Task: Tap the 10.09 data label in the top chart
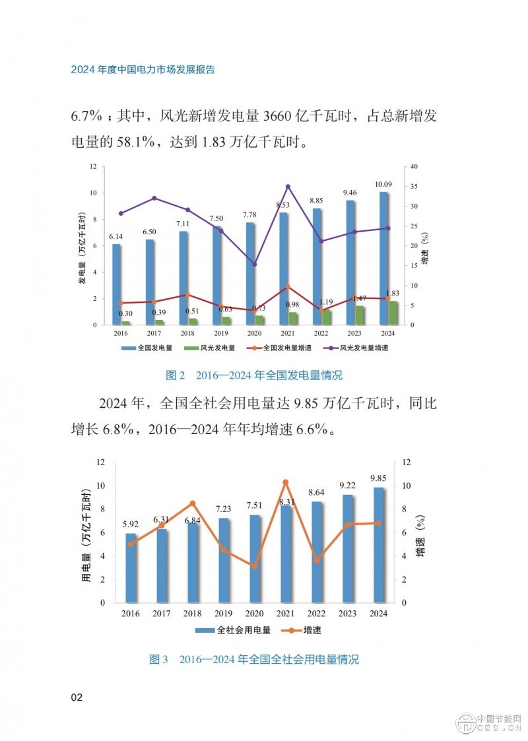[x=385, y=183]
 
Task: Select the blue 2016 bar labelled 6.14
[x=116, y=284]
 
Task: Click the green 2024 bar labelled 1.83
[x=393, y=313]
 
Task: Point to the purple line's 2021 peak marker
[x=288, y=187]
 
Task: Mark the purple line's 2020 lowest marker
[x=254, y=264]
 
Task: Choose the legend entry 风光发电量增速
[x=360, y=347]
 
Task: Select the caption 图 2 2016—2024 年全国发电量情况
[x=254, y=375]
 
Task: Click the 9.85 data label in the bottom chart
[x=379, y=478]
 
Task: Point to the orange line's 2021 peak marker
[x=286, y=482]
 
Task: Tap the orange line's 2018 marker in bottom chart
[x=193, y=503]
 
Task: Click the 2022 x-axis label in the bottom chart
[x=317, y=614]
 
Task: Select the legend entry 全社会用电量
[x=235, y=630]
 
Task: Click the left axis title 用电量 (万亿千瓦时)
[x=86, y=536]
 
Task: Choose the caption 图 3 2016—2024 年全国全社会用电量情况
[x=254, y=659]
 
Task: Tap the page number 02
[x=77, y=697]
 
